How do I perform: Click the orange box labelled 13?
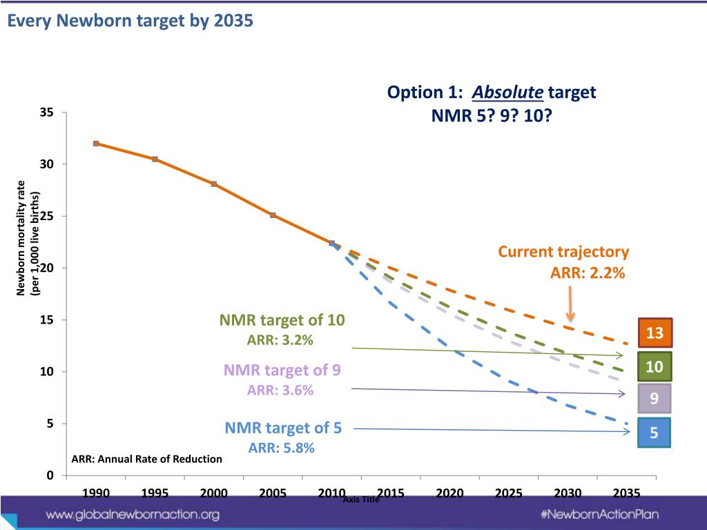(655, 333)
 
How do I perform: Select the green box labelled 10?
(655, 366)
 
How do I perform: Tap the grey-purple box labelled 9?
(655, 399)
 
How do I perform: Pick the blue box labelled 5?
(655, 433)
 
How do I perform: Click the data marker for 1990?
(96, 144)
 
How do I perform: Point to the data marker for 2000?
(214, 184)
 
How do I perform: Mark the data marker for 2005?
(273, 215)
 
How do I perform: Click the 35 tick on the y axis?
(47, 112)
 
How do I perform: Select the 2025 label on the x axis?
(508, 493)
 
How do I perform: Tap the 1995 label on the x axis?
(155, 493)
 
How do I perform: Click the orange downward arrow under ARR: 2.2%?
(570, 304)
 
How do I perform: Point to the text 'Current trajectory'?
(563, 252)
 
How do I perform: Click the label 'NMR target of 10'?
(282, 320)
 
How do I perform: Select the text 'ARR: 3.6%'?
(280, 391)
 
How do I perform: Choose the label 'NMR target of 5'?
(283, 428)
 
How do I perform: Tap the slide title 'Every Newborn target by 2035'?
(130, 21)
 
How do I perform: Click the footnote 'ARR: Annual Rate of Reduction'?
(147, 459)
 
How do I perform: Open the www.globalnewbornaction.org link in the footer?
(133, 514)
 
